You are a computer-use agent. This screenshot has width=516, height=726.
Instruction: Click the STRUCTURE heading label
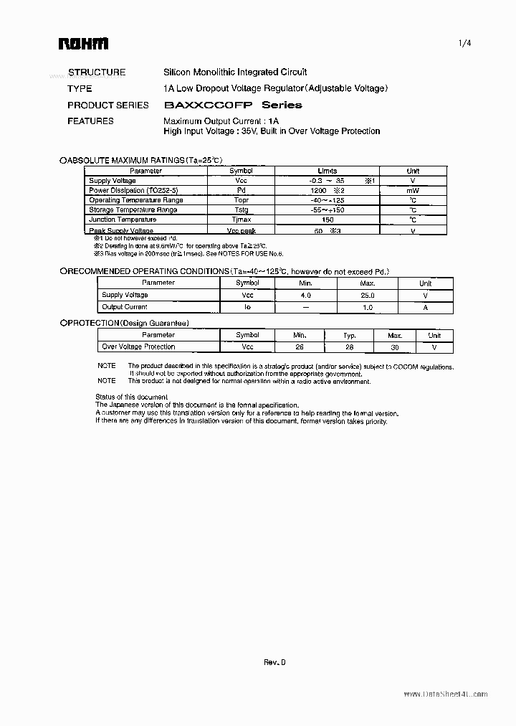click(96, 72)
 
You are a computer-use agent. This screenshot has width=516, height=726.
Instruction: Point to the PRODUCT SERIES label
click(107, 105)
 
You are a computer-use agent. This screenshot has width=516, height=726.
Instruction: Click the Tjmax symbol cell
click(241, 220)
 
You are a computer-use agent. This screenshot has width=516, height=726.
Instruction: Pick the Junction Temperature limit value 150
click(328, 220)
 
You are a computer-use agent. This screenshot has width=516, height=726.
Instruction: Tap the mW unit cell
click(413, 191)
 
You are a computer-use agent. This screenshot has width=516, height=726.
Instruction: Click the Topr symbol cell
click(241, 200)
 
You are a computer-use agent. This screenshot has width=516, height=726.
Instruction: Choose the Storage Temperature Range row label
click(133, 209)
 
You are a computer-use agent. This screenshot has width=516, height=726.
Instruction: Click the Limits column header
click(327, 171)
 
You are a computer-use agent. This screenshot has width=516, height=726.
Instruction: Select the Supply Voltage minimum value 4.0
click(305, 295)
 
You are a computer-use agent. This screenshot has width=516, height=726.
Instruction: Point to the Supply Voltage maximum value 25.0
click(367, 295)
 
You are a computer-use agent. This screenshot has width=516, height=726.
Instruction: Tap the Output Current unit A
click(425, 306)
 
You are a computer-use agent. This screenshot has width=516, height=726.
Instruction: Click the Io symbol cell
click(247, 306)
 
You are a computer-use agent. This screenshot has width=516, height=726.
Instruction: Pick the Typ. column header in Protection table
click(349, 335)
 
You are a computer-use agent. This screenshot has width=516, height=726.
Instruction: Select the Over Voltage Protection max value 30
click(396, 346)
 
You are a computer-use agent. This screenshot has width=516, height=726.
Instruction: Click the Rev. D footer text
click(274, 663)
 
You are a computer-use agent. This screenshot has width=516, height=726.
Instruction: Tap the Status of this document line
click(132, 397)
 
